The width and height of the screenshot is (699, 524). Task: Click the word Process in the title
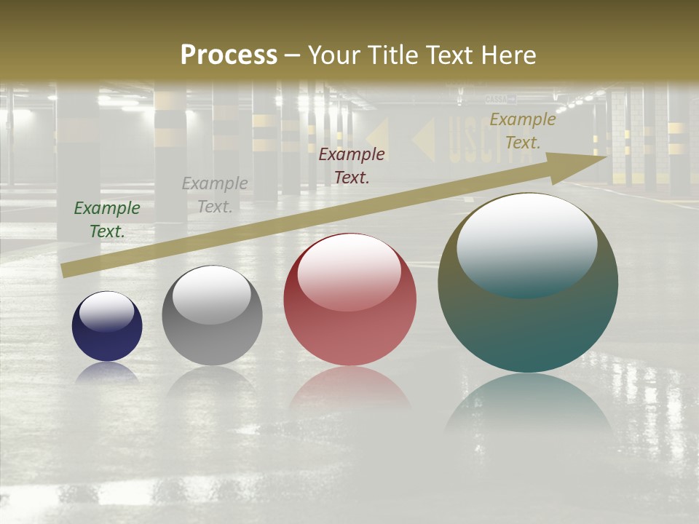tap(229, 55)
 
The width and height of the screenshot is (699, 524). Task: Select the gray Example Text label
tap(215, 195)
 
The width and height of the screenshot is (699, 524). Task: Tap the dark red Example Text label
tap(352, 166)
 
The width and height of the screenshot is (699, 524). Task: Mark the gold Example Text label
tap(523, 131)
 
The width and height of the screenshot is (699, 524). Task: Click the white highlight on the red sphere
tap(349, 271)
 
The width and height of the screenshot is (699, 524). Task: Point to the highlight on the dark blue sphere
tap(107, 311)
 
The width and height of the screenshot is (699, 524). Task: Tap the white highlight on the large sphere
tap(527, 244)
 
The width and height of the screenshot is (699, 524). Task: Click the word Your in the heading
tap(333, 55)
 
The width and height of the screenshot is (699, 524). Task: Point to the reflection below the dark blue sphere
tap(107, 373)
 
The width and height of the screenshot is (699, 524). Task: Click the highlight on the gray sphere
tap(212, 295)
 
